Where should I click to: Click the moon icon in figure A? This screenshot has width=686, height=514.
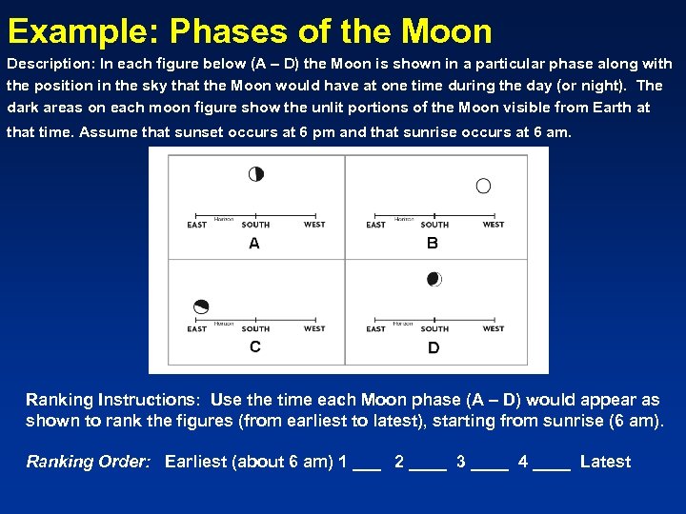point(255,174)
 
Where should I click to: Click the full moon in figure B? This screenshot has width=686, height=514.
point(483,186)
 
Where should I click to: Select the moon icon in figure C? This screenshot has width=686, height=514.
point(200,306)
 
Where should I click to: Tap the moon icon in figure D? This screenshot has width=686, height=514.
point(434,279)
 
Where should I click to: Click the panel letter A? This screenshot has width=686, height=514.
point(254,244)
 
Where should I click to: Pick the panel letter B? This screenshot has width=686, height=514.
point(433,244)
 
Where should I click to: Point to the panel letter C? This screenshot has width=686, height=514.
point(254,346)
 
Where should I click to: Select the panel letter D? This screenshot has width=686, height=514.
point(434,347)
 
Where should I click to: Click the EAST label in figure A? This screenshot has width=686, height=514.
point(197,226)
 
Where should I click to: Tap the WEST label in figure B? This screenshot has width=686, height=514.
point(494,225)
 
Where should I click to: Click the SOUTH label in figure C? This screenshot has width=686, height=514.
point(255,329)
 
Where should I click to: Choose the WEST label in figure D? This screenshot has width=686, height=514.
point(494,329)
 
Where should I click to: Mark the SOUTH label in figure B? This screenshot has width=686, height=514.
point(434,226)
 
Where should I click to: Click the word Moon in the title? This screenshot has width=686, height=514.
point(447,31)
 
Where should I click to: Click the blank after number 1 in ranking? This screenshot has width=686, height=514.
point(366,464)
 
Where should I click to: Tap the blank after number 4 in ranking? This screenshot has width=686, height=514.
point(553,464)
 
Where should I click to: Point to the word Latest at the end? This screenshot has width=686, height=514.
point(605,462)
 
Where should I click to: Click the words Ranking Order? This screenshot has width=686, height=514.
point(89,462)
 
